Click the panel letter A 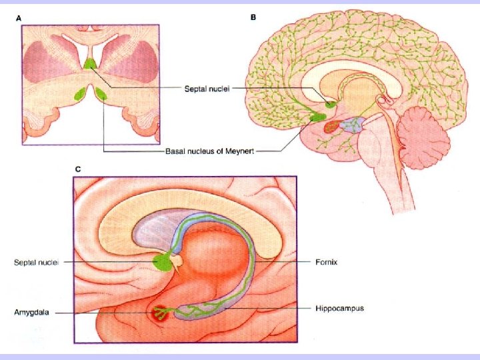18,18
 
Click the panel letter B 253,17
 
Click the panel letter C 77,169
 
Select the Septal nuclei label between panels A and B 207,89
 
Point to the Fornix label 326,262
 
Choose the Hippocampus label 339,309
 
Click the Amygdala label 31,311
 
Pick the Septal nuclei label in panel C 37,262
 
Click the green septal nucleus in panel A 90,63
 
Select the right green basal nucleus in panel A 101,94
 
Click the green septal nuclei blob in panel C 160,261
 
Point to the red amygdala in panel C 160,312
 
